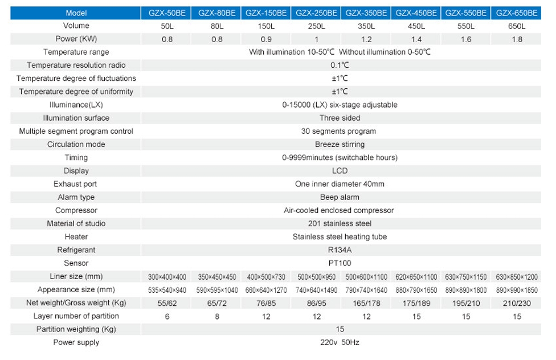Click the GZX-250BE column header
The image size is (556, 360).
(x=316, y=13)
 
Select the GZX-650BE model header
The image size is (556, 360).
(x=517, y=13)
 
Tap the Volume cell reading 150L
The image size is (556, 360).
(x=267, y=26)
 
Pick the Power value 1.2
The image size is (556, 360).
(x=366, y=39)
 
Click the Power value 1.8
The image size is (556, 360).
(x=517, y=39)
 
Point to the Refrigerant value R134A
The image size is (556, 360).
(x=340, y=250)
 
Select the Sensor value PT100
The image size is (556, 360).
(x=340, y=263)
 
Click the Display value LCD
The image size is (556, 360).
(x=340, y=171)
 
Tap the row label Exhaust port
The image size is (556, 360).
(x=75, y=184)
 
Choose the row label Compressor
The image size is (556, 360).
(x=76, y=210)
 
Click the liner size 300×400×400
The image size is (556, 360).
(x=167, y=277)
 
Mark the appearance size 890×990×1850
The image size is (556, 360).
(x=517, y=289)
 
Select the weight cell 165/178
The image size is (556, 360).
(x=366, y=303)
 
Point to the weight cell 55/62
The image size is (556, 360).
(x=167, y=303)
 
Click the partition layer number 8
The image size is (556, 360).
(x=217, y=316)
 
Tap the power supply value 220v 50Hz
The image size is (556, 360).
(x=340, y=342)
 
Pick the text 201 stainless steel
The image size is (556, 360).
(x=340, y=224)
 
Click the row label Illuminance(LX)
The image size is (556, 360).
(x=76, y=105)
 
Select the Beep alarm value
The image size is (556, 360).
(x=340, y=197)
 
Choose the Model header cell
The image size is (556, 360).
(x=76, y=13)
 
